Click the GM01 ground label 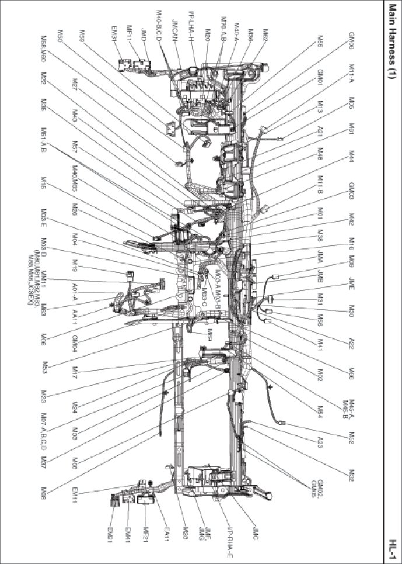coord(320,78)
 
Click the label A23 coord(320,441)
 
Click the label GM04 coord(75,343)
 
